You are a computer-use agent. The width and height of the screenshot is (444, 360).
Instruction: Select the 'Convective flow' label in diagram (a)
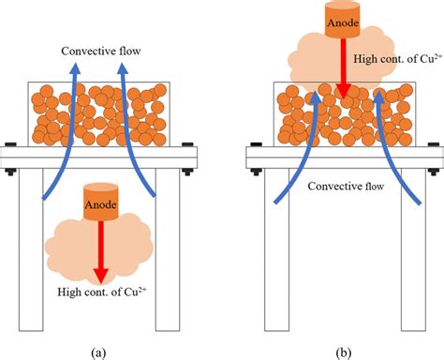tap(101, 52)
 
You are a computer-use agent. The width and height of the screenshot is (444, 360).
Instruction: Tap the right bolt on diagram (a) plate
tap(193, 157)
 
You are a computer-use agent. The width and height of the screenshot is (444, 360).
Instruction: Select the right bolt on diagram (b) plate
tap(434, 157)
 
